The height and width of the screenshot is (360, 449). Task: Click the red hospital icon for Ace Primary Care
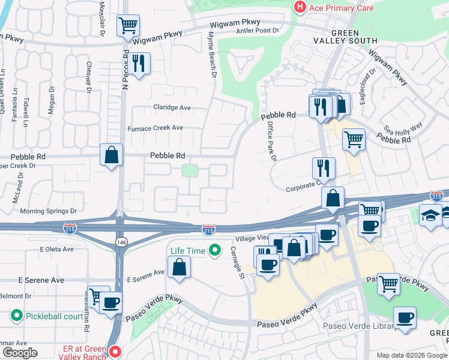coord(299,7)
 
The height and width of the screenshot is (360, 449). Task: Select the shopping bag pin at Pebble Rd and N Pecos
coord(112,155)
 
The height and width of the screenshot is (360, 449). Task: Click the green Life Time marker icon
coord(214,251)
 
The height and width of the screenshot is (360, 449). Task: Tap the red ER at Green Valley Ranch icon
coord(115,350)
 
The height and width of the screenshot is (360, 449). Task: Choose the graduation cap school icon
coord(430,214)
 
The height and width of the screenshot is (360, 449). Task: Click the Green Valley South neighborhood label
coord(345,37)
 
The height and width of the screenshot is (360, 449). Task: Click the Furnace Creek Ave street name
coord(155,128)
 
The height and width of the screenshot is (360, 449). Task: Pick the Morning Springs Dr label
coord(49,211)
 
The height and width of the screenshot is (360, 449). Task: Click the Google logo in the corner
coord(20,353)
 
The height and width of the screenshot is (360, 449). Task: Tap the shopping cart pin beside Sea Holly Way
coord(354,139)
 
